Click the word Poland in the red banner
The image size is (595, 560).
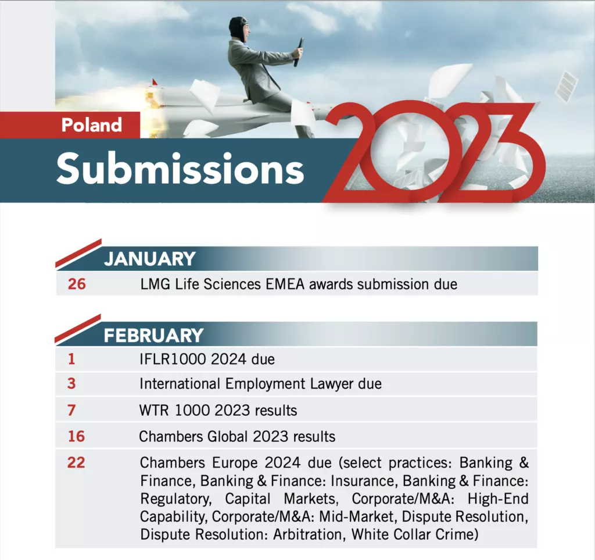coord(91,125)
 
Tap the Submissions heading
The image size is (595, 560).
coord(180,169)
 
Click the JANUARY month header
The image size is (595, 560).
coord(150,259)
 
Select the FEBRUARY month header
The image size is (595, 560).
coord(153,336)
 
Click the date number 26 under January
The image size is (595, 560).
coord(77,284)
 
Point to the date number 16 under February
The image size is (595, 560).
coord(76,436)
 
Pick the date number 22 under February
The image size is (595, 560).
coord(76,462)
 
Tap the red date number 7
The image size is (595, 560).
coord(71,410)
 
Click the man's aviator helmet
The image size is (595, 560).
coord(237,27)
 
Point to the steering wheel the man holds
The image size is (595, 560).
coord(298,52)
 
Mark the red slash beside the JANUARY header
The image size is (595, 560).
coord(78,253)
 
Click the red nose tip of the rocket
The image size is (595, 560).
coord(155,82)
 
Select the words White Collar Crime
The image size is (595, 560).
coord(415,534)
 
